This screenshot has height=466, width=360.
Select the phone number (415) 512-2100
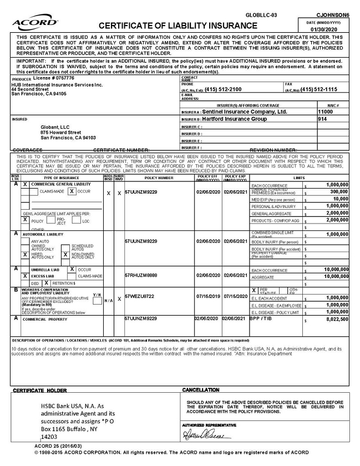(x=223, y=89)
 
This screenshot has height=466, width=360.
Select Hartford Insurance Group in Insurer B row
(x=234, y=119)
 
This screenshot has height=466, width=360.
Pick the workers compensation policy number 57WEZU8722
(x=139, y=296)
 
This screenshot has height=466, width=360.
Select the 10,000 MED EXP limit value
(x=341, y=199)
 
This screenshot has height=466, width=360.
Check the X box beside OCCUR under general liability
(x=72, y=191)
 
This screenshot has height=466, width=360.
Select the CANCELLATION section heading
(x=200, y=391)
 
